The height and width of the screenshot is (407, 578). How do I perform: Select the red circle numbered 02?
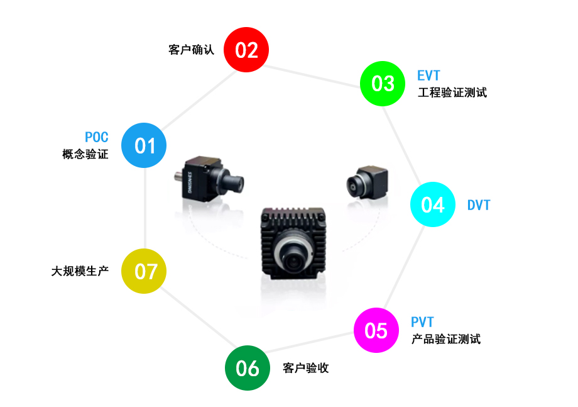point(247,50)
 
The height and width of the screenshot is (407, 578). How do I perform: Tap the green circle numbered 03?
point(383,83)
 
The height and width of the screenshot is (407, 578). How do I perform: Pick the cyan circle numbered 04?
point(432,204)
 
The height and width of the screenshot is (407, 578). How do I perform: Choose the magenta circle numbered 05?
point(376,330)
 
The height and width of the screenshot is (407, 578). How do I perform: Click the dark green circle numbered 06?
point(247,368)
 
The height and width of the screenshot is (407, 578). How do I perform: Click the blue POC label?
point(96,138)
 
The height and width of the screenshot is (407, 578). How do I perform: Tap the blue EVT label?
point(428,76)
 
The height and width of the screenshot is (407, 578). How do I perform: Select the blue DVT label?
point(478,205)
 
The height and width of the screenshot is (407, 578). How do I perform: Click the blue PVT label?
point(422,323)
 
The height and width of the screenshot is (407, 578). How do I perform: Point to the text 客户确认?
point(192,50)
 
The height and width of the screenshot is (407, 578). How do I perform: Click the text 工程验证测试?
point(452,92)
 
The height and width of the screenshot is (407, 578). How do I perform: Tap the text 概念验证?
point(85,154)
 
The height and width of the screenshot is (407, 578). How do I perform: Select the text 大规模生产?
point(80,272)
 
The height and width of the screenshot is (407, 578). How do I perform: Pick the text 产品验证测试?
point(446,339)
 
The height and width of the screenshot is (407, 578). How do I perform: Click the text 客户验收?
point(306,368)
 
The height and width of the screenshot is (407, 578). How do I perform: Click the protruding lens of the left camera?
point(235,183)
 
